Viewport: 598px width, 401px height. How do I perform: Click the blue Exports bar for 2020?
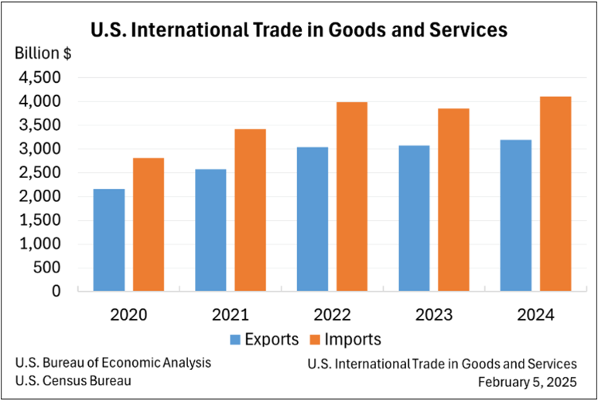pyautogui.click(x=109, y=240)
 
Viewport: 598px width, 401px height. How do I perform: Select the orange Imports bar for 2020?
pyautogui.click(x=149, y=224)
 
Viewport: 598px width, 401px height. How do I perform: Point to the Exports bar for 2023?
pyautogui.click(x=414, y=218)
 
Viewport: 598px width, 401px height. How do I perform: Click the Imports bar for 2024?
pyautogui.click(x=555, y=194)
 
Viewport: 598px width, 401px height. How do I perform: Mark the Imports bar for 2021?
pyautogui.click(x=250, y=210)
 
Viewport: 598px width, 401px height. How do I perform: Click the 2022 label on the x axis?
pyautogui.click(x=332, y=315)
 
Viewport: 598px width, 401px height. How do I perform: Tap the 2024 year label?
pyautogui.click(x=535, y=315)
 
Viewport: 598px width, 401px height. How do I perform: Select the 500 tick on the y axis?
pyautogui.click(x=48, y=268)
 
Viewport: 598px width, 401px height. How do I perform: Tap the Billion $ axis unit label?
pyautogui.click(x=45, y=54)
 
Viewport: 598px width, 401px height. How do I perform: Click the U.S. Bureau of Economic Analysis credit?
pyautogui.click(x=112, y=363)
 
